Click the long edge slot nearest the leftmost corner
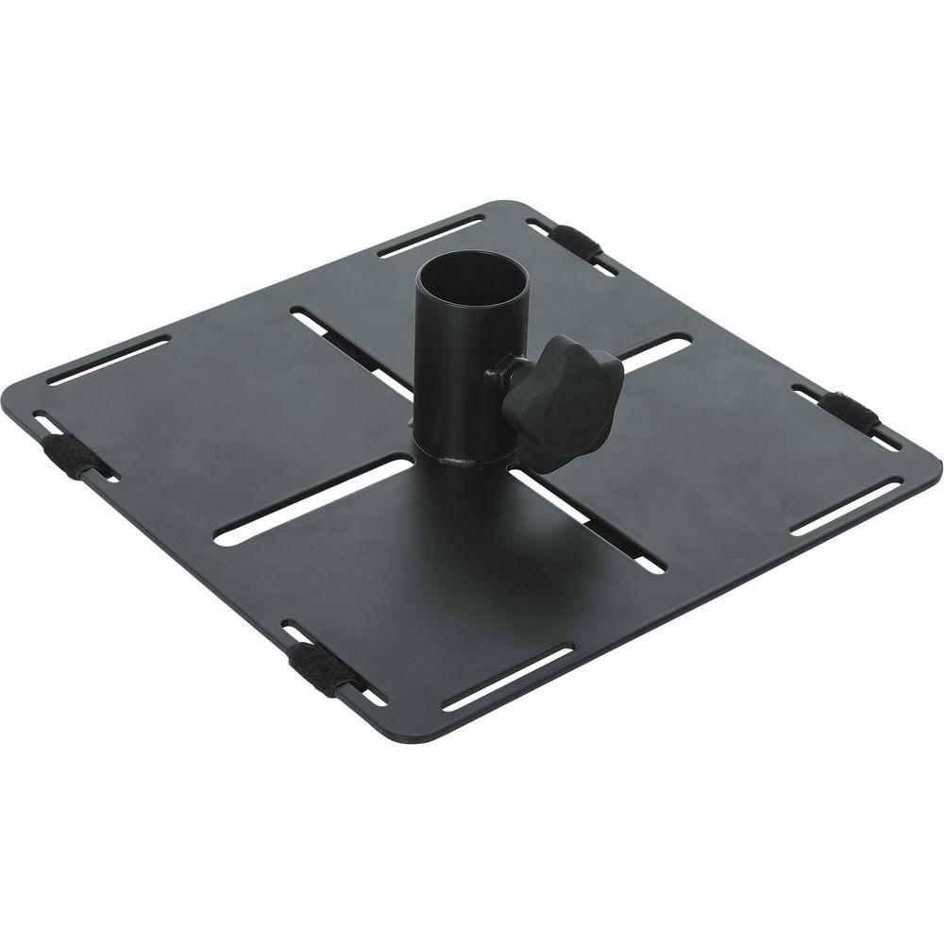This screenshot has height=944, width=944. [x=108, y=360]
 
